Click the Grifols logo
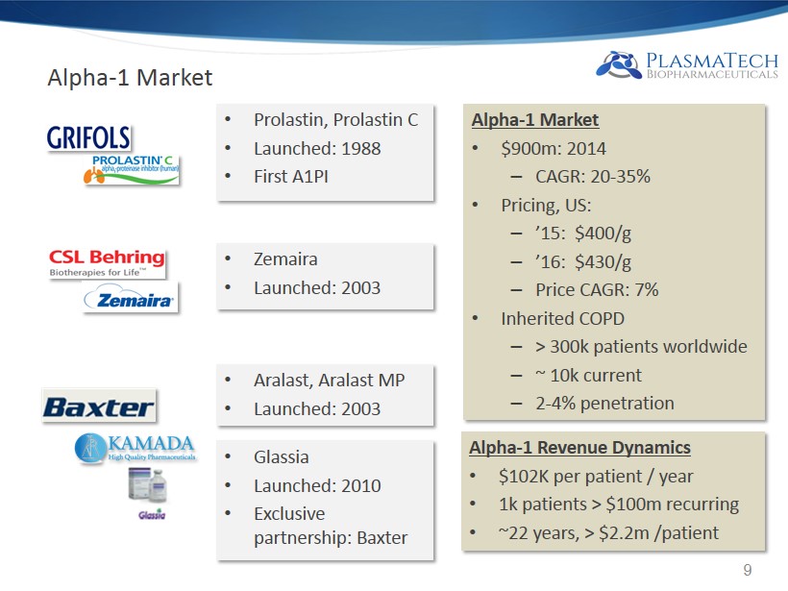coord(88,137)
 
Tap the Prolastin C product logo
coord(131,169)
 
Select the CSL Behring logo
coord(107,263)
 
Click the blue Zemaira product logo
coord(130,299)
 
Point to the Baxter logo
coord(99,406)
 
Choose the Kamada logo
coord(135,447)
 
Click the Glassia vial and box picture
coord(147,485)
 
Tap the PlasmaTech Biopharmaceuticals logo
coord(686,65)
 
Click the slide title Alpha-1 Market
coord(130,78)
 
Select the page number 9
coord(748,570)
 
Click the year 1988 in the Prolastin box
coord(360,149)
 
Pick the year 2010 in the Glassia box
coord(360,486)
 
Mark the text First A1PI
coord(291,177)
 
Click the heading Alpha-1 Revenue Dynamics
coord(579,447)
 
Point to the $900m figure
coord(529,149)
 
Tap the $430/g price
coord(603,262)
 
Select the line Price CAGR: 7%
coord(597,290)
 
